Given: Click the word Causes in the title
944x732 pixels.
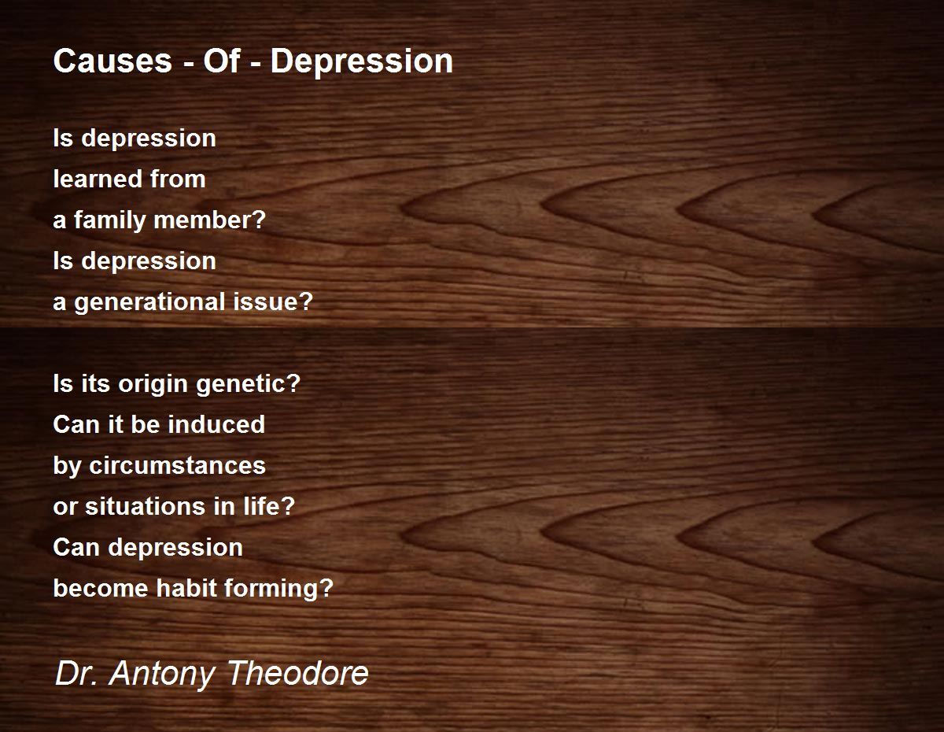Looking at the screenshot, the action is pos(112,61).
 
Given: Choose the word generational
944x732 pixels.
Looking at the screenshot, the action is pos(150,302).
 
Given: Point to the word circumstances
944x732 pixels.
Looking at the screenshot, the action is pos(177,465).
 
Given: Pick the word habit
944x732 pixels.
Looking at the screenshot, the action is pos(186,588).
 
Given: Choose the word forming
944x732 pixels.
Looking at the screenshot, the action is pos(278,589).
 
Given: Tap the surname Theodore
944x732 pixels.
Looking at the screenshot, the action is pos(297,673).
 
